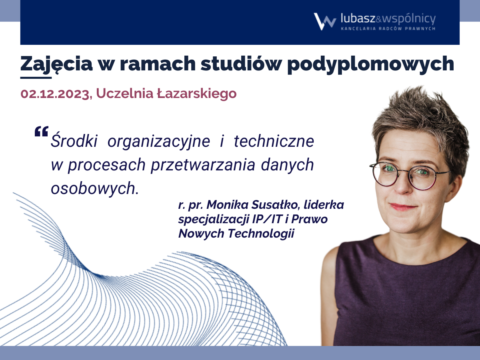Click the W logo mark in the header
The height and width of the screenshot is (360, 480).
(325, 22)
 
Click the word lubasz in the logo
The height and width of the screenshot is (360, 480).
(358, 18)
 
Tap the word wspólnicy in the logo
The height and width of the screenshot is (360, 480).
(409, 19)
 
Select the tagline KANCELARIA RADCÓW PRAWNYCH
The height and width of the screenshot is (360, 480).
(388, 29)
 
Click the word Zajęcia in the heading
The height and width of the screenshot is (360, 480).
(56, 64)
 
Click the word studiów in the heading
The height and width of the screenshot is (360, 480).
(240, 64)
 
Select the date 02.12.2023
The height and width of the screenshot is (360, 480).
(55, 94)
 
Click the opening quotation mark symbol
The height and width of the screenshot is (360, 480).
(41, 131)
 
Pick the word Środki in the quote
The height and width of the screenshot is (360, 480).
(74, 140)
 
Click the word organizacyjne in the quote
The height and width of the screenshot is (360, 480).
(159, 142)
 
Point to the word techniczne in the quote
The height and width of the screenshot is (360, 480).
(274, 141)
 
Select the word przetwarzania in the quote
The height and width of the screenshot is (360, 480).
(203, 165)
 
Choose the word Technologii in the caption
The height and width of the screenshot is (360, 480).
(261, 234)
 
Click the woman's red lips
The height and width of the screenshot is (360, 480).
(402, 206)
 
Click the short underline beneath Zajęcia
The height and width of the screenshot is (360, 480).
(36, 77)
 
